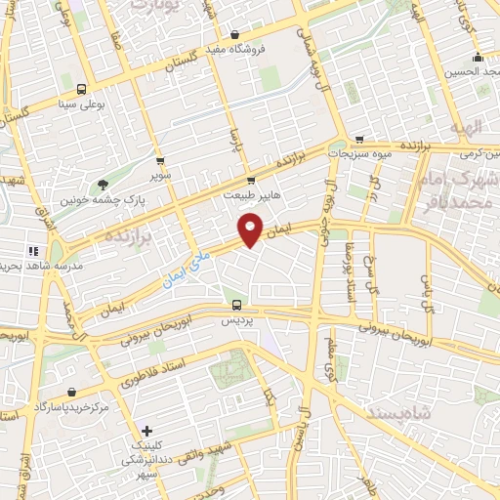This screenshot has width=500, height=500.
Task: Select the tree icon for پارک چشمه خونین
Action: click(103, 185)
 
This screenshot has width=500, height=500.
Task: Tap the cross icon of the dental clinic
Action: click(146, 431)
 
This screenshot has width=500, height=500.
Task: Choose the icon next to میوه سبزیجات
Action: click(359, 139)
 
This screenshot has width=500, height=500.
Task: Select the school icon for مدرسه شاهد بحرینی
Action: click(33, 251)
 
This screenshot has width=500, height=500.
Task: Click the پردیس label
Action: click(233, 319)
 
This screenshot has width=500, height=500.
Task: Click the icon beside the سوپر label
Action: click(160, 161)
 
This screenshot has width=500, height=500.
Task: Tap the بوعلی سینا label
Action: click(80, 101)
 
